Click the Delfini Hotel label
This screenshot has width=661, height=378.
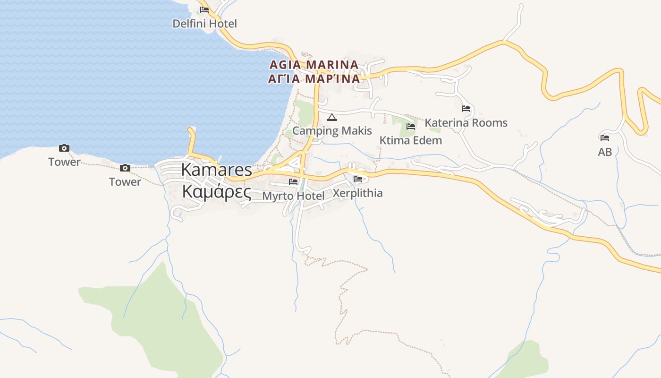[x=204, y=24]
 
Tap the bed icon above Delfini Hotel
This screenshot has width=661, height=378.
[x=204, y=9]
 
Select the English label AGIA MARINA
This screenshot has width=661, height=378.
[x=314, y=64]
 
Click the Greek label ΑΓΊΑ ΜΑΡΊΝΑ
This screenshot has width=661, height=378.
[x=314, y=78]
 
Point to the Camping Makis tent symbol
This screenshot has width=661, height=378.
[x=332, y=117]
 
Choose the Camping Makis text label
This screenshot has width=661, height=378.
[x=332, y=131]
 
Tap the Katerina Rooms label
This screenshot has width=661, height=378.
[x=466, y=123]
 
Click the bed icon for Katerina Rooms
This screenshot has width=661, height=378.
[x=466, y=109]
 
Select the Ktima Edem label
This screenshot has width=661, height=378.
[x=411, y=140]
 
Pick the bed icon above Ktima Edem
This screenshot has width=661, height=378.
[x=411, y=127]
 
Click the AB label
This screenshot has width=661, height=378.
[x=605, y=152]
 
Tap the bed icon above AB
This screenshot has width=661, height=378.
[x=605, y=138]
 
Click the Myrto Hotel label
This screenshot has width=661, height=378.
[x=293, y=196]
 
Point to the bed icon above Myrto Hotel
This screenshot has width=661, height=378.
[x=293, y=182]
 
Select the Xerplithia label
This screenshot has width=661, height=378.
[x=357, y=193]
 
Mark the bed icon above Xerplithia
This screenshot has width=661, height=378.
[x=358, y=179]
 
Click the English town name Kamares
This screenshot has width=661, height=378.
[x=217, y=170]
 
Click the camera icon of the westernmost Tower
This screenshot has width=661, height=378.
[x=64, y=148]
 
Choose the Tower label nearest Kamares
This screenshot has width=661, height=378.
[x=125, y=182]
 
